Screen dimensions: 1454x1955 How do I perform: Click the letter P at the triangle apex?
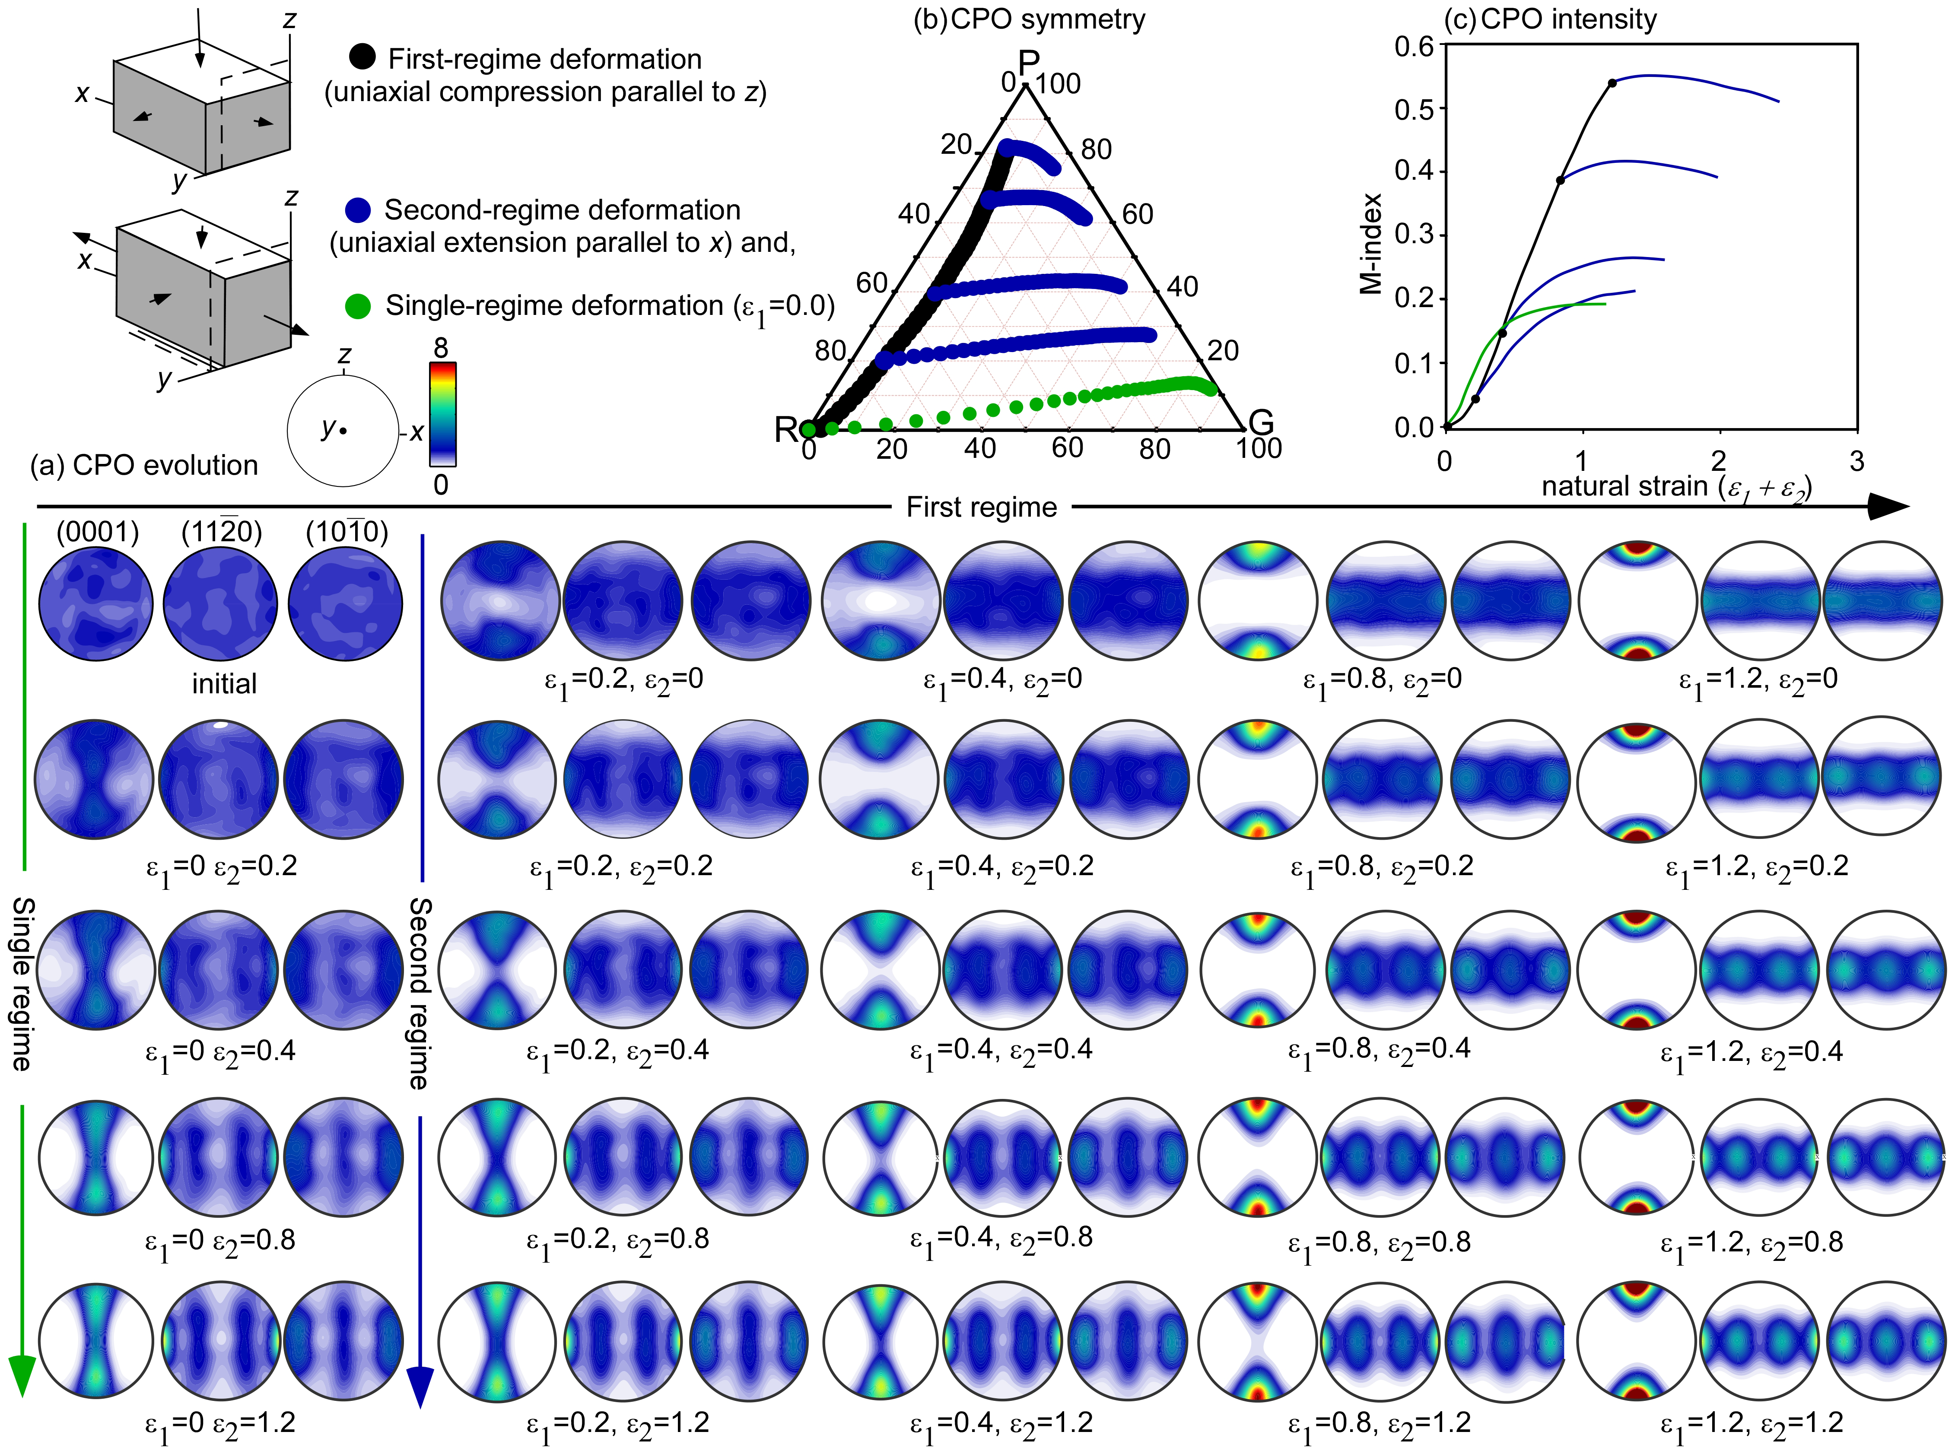click(x=1028, y=63)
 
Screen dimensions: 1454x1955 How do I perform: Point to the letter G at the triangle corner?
click(x=1261, y=423)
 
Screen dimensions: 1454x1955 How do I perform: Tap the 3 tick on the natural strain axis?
click(x=1856, y=461)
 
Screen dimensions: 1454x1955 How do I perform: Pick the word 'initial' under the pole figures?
click(x=225, y=684)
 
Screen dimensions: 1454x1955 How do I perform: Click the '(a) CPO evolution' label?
click(x=143, y=466)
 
